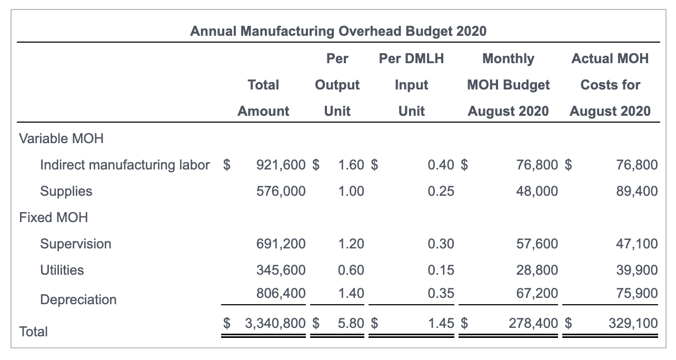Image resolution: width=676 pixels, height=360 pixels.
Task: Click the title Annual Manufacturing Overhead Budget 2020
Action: [338, 31]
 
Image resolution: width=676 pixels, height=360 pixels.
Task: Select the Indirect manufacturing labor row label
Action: [125, 165]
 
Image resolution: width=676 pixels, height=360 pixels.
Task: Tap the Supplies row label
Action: [66, 191]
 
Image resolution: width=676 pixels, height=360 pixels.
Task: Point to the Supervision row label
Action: [76, 244]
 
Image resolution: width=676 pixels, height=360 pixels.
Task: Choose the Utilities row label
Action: [62, 270]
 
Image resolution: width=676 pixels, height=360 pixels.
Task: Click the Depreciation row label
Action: [78, 299]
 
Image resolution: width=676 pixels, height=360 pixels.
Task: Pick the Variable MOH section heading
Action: [61, 138]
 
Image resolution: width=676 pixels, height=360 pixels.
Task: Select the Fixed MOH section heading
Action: [53, 217]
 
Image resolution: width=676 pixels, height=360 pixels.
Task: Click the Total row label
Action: [33, 332]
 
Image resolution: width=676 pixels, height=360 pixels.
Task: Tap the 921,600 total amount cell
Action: [281, 165]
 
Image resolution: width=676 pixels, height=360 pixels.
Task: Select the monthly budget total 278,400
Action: [533, 323]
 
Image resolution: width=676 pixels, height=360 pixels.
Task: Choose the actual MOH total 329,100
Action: [633, 323]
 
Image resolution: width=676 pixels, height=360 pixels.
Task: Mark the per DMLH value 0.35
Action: [441, 293]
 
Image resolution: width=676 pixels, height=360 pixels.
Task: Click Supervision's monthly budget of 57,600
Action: [537, 244]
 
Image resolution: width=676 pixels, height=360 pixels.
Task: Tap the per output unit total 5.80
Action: [351, 323]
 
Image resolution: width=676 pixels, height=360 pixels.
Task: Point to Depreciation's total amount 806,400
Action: [281, 293]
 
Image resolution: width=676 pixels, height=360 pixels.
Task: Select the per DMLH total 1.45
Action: [441, 323]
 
